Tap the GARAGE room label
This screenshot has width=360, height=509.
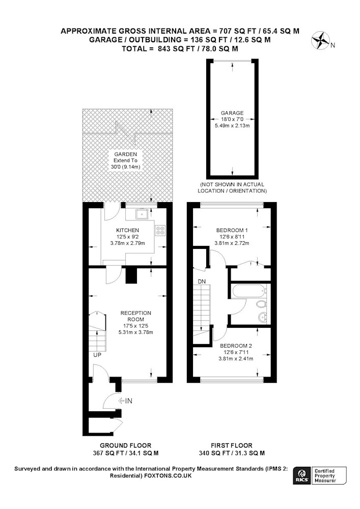[x=232, y=113]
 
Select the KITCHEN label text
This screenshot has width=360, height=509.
[x=128, y=230]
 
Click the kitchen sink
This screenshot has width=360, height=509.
[x=142, y=215]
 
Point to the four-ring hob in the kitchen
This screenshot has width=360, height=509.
[x=160, y=230]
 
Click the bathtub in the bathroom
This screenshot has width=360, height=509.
[x=249, y=292]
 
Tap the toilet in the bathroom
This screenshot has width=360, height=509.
[x=261, y=305]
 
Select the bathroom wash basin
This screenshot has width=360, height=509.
[x=262, y=316]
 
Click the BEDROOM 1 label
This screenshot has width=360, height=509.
[x=232, y=231]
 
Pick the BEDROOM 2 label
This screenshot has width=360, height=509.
[x=236, y=346]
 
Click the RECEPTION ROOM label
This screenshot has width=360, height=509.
[x=135, y=316]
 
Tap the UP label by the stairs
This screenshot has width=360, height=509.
[x=97, y=355]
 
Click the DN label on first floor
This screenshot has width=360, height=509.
[x=202, y=281]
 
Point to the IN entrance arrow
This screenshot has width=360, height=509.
[x=125, y=401]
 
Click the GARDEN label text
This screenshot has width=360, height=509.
[x=125, y=154]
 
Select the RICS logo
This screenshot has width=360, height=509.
[x=301, y=476]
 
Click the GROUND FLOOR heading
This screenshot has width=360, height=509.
[x=125, y=446]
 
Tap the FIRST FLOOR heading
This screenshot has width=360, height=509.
[x=232, y=446]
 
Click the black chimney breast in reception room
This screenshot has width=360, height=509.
[x=131, y=275]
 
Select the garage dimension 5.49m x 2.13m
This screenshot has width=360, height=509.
[x=232, y=126]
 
